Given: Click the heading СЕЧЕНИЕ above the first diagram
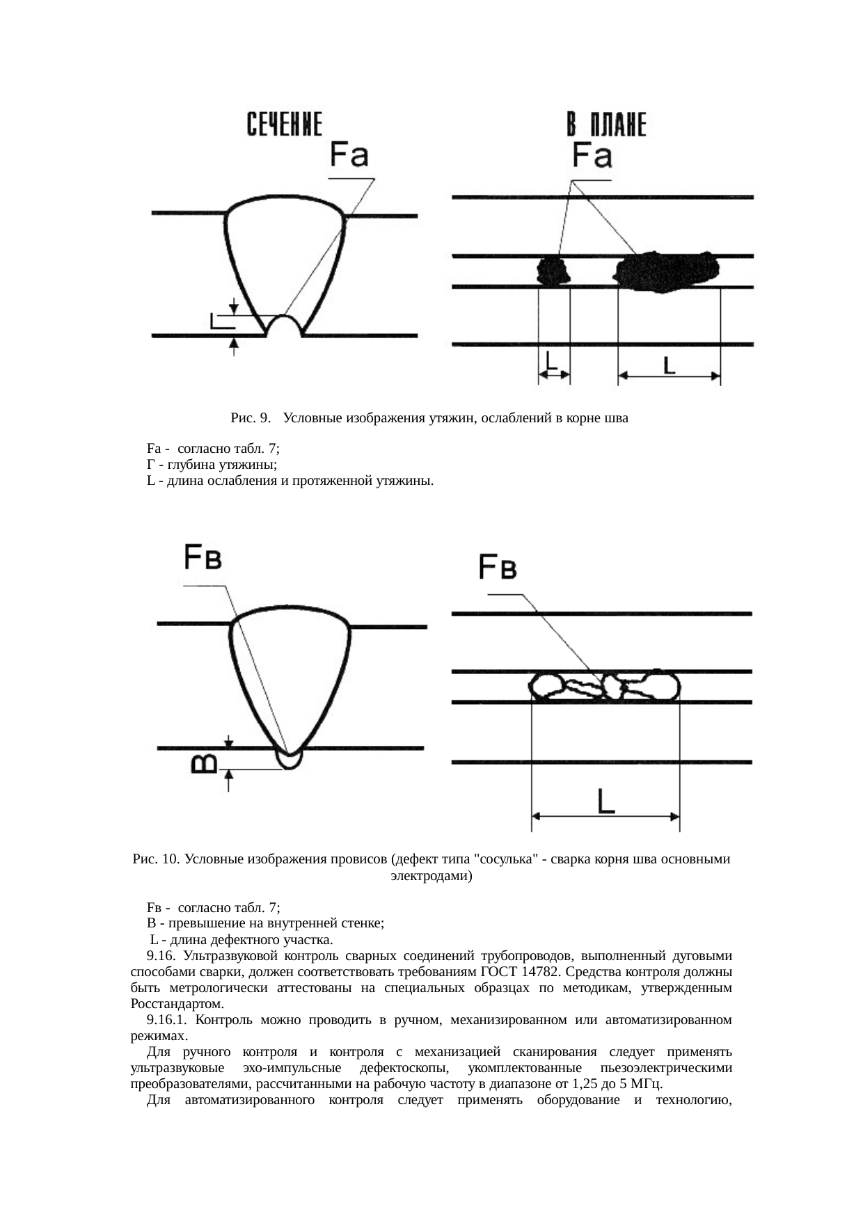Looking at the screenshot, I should [285, 125].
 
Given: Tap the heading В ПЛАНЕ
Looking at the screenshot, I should [605, 125].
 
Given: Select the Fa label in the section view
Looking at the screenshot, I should [349, 154].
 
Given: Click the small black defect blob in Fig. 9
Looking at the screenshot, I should [553, 271].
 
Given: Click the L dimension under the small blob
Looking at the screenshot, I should [552, 360].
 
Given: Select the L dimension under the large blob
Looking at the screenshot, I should [668, 364].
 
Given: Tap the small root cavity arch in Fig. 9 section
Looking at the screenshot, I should [284, 326].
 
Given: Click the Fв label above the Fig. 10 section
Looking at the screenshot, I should [203, 558].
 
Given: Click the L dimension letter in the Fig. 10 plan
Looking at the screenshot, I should [606, 801].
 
